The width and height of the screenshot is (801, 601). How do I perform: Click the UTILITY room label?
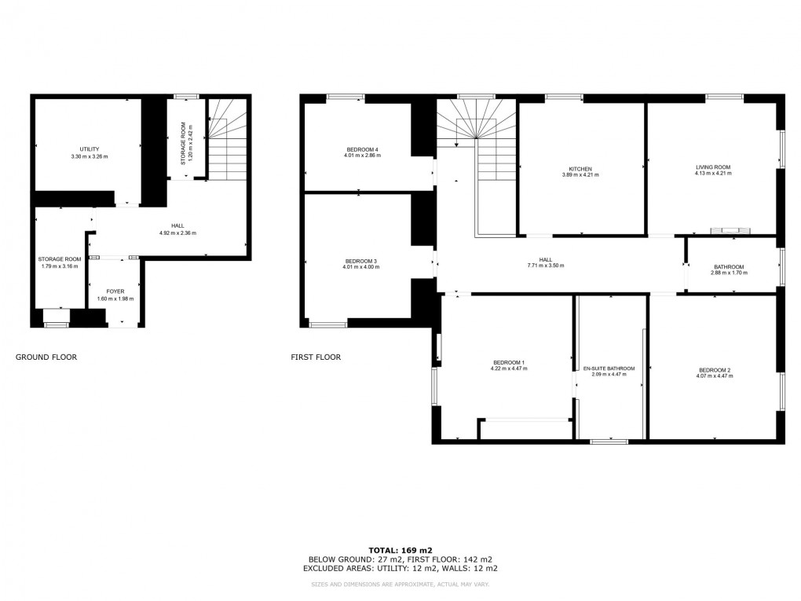tap(89, 149)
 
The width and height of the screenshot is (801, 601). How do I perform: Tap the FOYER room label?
tap(115, 291)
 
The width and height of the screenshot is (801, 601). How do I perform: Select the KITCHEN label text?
tap(580, 168)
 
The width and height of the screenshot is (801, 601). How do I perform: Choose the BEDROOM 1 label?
tap(507, 362)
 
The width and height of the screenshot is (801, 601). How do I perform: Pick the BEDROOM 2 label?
tap(715, 370)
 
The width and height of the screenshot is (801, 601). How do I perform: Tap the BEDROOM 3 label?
tap(360, 261)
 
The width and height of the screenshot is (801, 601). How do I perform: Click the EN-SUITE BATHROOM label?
tap(608, 368)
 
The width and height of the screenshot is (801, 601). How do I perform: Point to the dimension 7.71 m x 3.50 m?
tap(545, 266)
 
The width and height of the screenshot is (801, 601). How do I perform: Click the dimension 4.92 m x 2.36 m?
tap(177, 233)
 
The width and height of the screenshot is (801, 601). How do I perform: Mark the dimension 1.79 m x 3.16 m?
tap(60, 266)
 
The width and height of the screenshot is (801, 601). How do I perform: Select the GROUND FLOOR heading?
tap(46, 357)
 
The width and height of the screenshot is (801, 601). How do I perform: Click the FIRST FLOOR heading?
tap(316, 357)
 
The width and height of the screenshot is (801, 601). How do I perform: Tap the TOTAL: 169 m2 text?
tap(400, 550)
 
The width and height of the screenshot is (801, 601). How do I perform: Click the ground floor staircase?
tap(228, 139)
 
